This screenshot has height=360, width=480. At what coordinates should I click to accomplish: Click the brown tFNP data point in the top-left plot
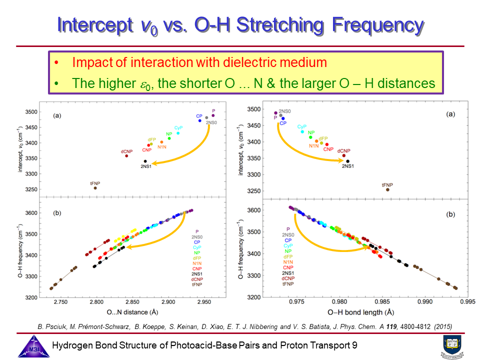pyautogui.click(x=95, y=187)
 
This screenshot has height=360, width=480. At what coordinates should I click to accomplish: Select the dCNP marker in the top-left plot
pyautogui.click(x=126, y=155)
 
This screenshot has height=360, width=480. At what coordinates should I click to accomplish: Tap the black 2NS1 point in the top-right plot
pyautogui.click(x=347, y=161)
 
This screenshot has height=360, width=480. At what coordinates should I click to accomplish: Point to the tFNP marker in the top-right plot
pyautogui.click(x=387, y=189)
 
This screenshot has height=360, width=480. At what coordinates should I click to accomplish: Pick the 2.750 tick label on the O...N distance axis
pyautogui.click(x=61, y=302)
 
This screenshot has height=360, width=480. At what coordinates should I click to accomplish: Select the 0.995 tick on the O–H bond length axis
pyautogui.click(x=467, y=302)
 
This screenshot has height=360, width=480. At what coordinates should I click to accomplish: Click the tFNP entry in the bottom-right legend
pyautogui.click(x=287, y=284)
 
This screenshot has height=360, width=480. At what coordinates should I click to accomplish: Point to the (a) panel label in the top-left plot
pyautogui.click(x=57, y=115)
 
